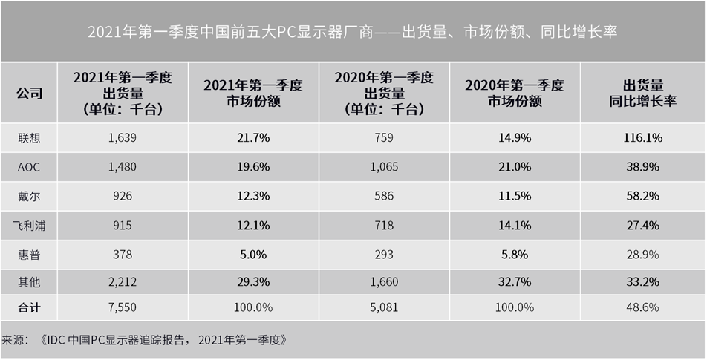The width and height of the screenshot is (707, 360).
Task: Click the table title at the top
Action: (353, 33)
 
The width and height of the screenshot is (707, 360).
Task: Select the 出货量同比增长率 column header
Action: (642, 94)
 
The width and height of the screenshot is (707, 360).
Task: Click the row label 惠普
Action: (30, 254)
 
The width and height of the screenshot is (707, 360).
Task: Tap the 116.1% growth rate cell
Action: (642, 137)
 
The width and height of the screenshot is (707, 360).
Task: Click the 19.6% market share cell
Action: (253, 167)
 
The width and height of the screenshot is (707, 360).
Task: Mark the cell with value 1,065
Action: (384, 167)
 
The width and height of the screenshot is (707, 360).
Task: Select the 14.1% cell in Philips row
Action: (515, 225)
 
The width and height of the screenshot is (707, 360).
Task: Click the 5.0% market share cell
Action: (253, 254)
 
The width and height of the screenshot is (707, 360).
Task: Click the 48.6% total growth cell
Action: (642, 307)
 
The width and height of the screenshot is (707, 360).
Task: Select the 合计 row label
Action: (30, 307)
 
